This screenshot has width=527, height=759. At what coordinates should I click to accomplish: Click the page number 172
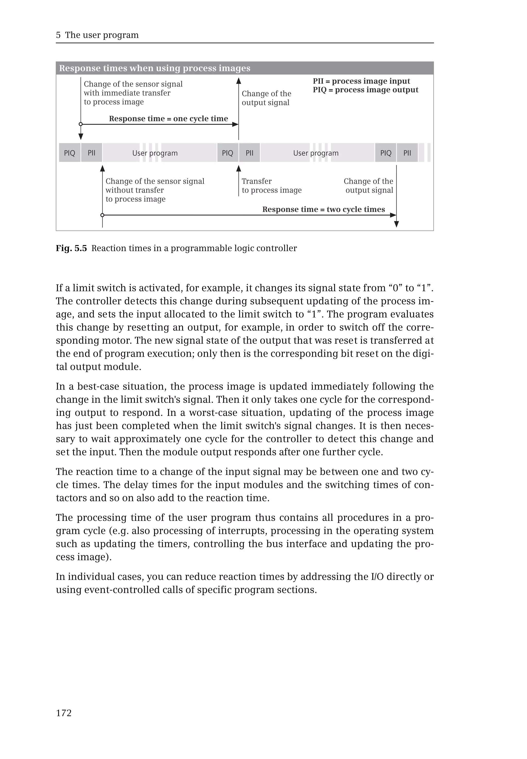(64, 713)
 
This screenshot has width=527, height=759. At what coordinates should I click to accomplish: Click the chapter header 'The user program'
(102, 35)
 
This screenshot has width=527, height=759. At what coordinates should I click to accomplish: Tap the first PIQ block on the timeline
(69, 153)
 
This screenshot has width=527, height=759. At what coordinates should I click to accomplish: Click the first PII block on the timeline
(91, 153)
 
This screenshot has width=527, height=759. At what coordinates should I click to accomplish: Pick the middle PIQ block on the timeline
(227, 153)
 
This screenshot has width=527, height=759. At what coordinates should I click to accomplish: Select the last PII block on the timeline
(407, 153)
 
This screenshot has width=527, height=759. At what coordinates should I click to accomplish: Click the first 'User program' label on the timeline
(155, 153)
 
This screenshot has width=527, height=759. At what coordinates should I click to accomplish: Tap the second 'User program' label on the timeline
(316, 153)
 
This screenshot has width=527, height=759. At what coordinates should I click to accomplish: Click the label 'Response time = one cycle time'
(168, 119)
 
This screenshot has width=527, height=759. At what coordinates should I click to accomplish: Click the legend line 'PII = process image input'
(361, 81)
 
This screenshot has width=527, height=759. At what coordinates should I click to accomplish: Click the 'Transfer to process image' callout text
(271, 186)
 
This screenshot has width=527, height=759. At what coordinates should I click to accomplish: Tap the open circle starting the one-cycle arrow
(81, 125)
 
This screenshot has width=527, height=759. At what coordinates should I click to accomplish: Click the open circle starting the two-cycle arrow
(102, 215)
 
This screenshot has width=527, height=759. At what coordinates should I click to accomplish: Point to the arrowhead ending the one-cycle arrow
(235, 125)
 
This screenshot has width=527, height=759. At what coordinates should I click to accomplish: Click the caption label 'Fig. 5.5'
(71, 248)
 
